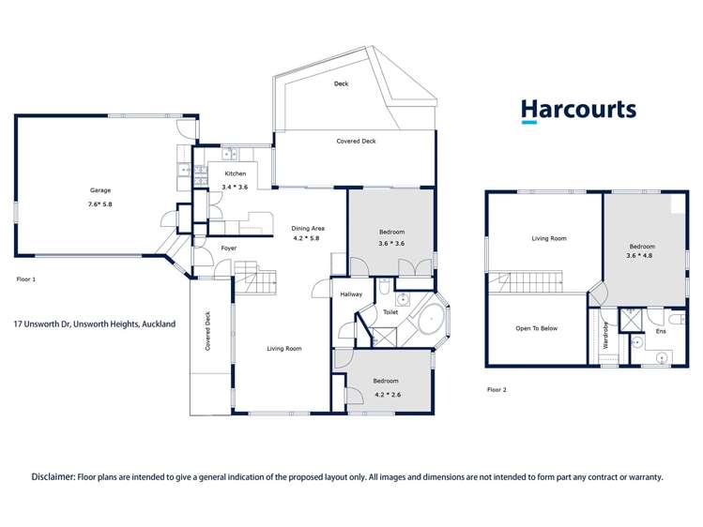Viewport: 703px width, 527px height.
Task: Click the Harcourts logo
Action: [x=578, y=111]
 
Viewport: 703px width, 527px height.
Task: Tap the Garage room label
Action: [x=100, y=190]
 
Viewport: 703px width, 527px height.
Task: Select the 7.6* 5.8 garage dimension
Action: [x=100, y=204]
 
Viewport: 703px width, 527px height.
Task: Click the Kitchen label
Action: [x=235, y=173]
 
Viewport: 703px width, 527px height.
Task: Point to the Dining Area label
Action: [x=307, y=228]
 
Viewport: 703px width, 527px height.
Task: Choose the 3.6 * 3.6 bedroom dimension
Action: [x=391, y=244]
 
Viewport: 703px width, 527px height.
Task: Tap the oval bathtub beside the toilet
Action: [x=430, y=320]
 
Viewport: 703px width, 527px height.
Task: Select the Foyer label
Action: [x=228, y=248]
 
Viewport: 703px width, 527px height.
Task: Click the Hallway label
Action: [x=351, y=294]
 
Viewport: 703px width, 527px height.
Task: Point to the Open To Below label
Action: [x=537, y=328]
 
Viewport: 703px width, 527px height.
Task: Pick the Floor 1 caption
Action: [x=26, y=279]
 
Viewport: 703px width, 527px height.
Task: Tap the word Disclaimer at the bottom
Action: [x=53, y=476]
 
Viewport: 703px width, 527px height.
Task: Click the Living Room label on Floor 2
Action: [x=549, y=238]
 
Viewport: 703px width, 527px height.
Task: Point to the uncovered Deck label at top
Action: [x=342, y=84]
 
